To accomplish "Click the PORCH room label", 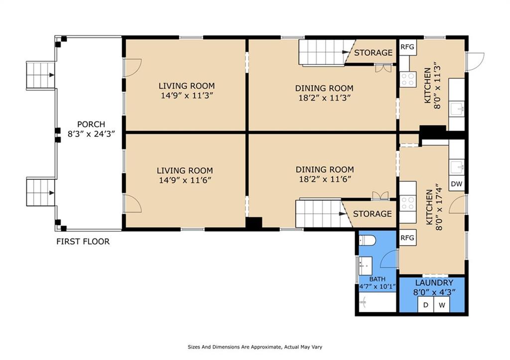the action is tap(91, 124).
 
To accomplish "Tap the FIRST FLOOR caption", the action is tap(83, 241).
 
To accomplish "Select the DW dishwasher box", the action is tap(457, 184).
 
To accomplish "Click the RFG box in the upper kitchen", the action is tap(407, 47).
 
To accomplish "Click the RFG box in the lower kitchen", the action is tap(407, 238).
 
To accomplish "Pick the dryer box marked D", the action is tap(426, 305).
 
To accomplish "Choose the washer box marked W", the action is tap(442, 305).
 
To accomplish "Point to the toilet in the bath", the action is tap(367, 240).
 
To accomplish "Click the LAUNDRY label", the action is tap(434, 283).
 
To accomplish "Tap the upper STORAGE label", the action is tap(374, 53).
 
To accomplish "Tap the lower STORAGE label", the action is tap(373, 214).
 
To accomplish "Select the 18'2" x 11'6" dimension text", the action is tap(325, 179).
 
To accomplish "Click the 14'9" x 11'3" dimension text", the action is tap(187, 96).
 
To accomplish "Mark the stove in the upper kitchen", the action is tap(408, 79).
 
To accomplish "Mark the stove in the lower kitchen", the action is tap(408, 203).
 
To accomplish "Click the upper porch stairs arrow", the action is tap(51, 75).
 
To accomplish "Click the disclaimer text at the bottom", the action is tap(255, 347).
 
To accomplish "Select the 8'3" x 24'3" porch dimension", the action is tap(92, 133).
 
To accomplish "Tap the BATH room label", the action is tap(378, 279).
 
